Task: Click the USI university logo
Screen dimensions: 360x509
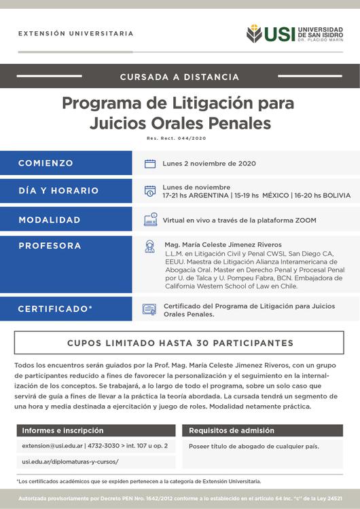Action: tap(295, 33)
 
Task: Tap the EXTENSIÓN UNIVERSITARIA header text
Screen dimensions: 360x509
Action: tap(75, 33)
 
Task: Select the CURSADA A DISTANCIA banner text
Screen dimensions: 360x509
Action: tap(179, 77)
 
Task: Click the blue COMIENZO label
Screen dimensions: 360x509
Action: tap(46, 164)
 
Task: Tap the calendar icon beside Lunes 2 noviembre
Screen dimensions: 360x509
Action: tap(150, 164)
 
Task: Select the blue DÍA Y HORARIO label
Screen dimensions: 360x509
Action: tap(58, 191)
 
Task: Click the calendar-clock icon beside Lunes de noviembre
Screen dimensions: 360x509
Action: tap(150, 191)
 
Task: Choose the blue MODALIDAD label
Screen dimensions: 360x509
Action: tap(50, 220)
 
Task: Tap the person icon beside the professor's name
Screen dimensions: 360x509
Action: tap(150, 246)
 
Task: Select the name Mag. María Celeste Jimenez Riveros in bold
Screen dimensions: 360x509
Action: tap(223, 244)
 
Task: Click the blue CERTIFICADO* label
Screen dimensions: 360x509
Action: tap(55, 309)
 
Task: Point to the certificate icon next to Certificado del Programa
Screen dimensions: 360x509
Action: tap(149, 309)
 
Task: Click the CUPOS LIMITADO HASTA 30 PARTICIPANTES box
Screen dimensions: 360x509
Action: tap(180, 343)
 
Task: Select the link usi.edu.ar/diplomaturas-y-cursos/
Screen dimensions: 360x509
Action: tap(71, 461)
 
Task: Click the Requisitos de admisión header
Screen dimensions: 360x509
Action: tap(232, 430)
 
